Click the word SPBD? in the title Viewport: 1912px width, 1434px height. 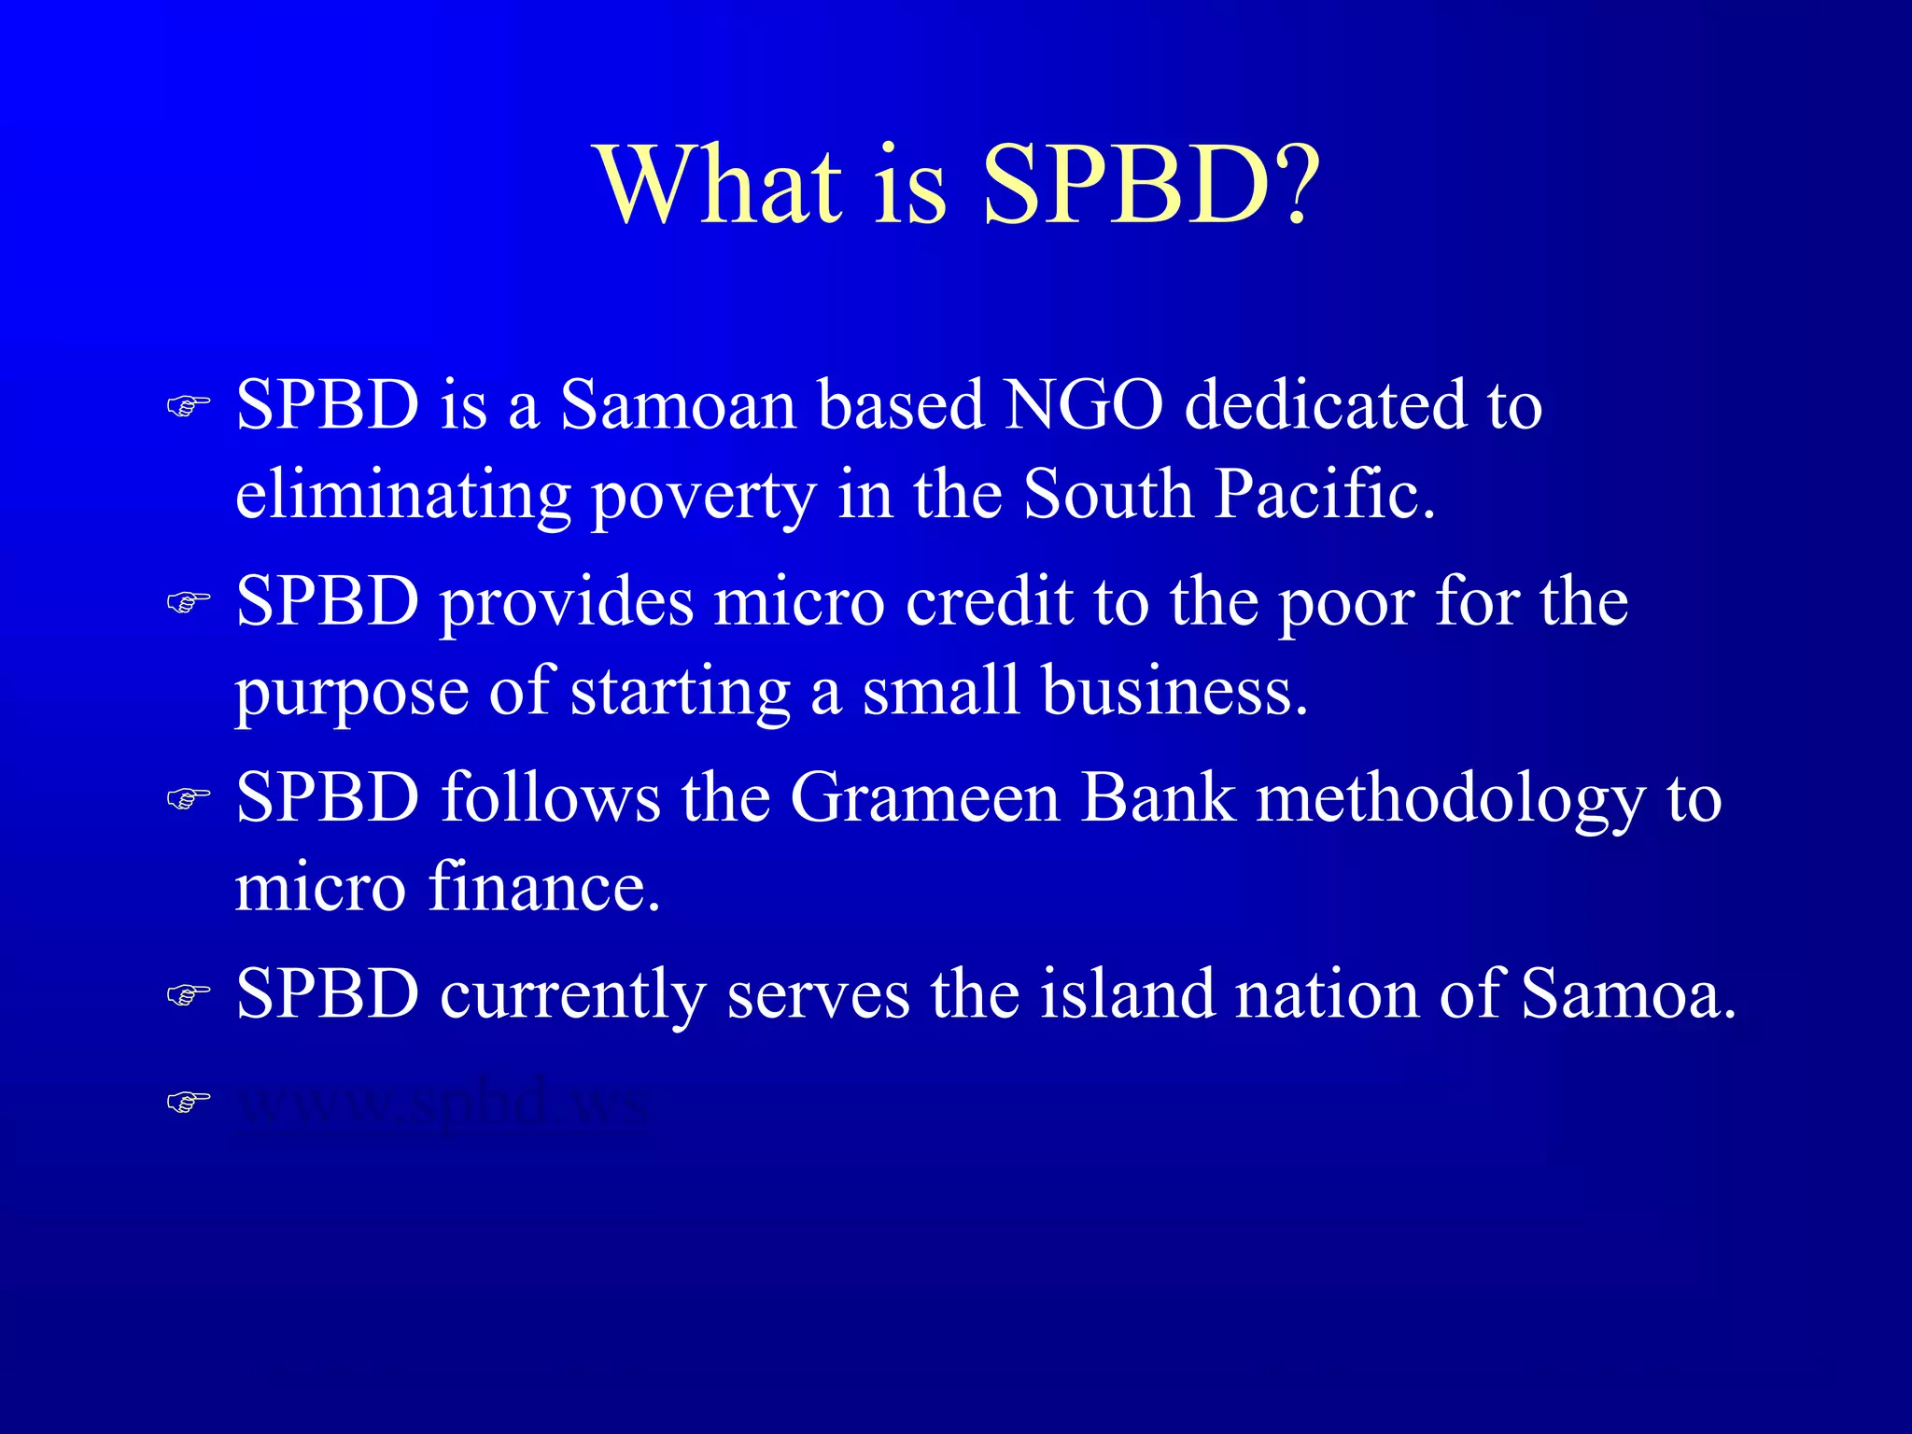pos(1150,187)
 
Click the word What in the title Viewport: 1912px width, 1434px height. pos(720,187)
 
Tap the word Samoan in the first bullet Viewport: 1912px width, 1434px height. pos(678,406)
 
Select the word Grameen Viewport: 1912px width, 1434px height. pos(925,798)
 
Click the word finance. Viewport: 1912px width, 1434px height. pos(544,887)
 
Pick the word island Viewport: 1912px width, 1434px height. pos(1127,994)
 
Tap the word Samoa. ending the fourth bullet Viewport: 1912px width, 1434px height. pos(1628,994)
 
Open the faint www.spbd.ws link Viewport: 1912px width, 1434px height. pos(442,1103)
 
